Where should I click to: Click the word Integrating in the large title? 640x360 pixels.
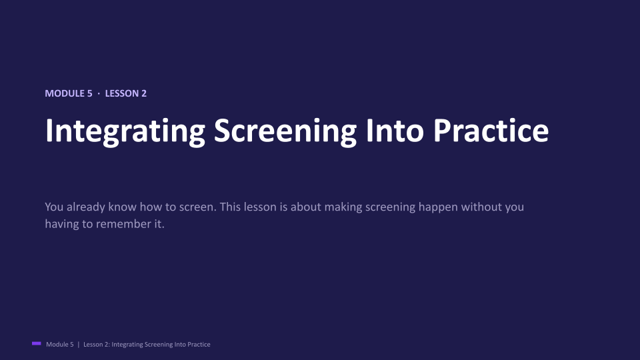[x=125, y=131]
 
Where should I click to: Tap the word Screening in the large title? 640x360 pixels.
[x=285, y=131]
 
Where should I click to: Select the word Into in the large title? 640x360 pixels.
[x=395, y=130]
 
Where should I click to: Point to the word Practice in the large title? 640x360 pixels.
[x=491, y=130]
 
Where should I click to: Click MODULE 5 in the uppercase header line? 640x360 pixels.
[x=69, y=93]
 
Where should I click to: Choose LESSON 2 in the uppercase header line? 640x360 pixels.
[x=126, y=93]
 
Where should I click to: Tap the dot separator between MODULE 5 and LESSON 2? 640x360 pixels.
[x=99, y=94]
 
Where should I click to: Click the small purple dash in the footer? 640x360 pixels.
[x=36, y=344]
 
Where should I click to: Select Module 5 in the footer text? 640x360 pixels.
[x=59, y=345]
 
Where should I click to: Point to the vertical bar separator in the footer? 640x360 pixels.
[x=79, y=345]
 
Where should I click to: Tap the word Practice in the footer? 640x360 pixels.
[x=199, y=345]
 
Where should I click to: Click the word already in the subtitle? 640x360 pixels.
[x=86, y=207]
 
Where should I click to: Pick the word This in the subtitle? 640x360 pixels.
[x=230, y=207]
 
